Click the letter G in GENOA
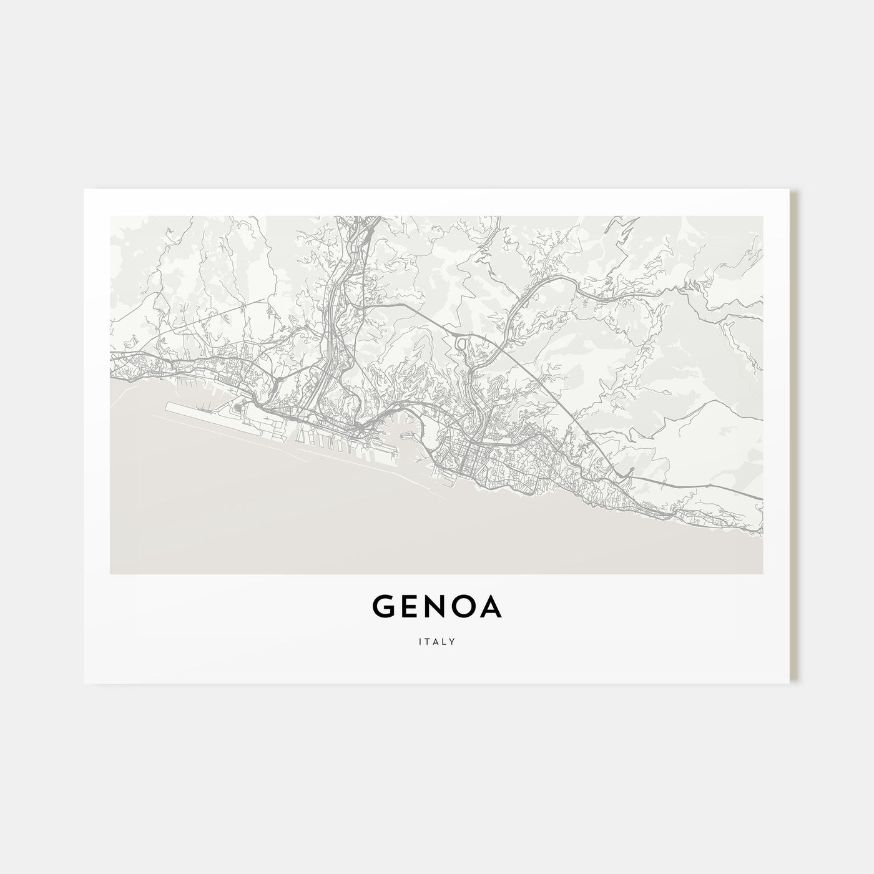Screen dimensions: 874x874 pos(385,607)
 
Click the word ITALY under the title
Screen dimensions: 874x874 pos(437,641)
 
